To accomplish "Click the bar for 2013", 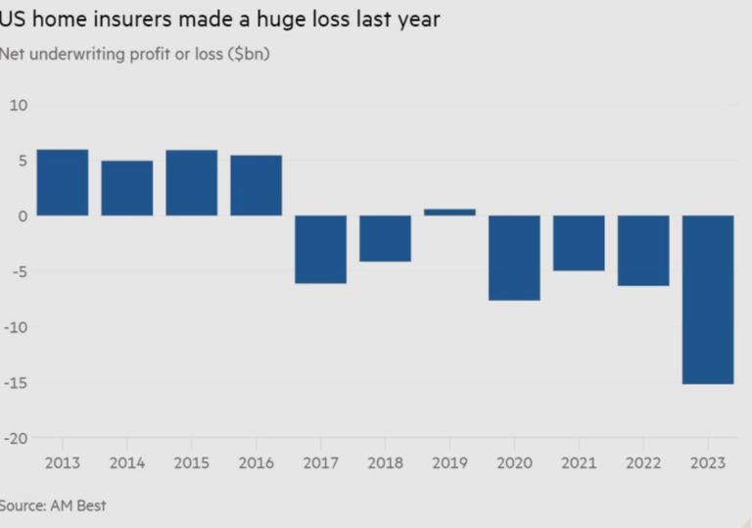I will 63,182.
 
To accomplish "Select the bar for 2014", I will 127,188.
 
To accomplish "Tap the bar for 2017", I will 321,249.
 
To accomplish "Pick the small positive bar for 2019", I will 449,212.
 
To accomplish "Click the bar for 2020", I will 514,258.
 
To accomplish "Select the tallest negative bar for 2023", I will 708,299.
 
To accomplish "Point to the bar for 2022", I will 643,250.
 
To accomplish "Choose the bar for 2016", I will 257,185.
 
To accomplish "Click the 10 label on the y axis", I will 19,105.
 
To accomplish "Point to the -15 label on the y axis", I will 16,383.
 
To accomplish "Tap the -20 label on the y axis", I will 16,439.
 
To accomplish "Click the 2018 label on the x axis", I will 385,461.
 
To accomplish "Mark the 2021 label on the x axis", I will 579,461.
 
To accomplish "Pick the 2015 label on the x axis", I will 191,461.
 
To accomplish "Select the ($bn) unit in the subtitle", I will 249,54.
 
